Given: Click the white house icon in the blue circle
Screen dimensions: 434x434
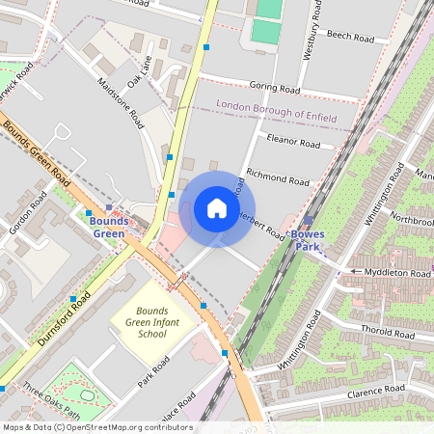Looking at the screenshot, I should tap(217, 208).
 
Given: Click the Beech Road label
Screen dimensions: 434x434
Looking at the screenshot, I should tap(350, 37).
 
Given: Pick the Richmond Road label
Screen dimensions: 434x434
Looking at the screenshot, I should tap(278, 176).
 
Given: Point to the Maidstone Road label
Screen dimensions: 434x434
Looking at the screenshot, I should tap(121, 103).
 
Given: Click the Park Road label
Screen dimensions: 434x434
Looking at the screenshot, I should tap(153, 371).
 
